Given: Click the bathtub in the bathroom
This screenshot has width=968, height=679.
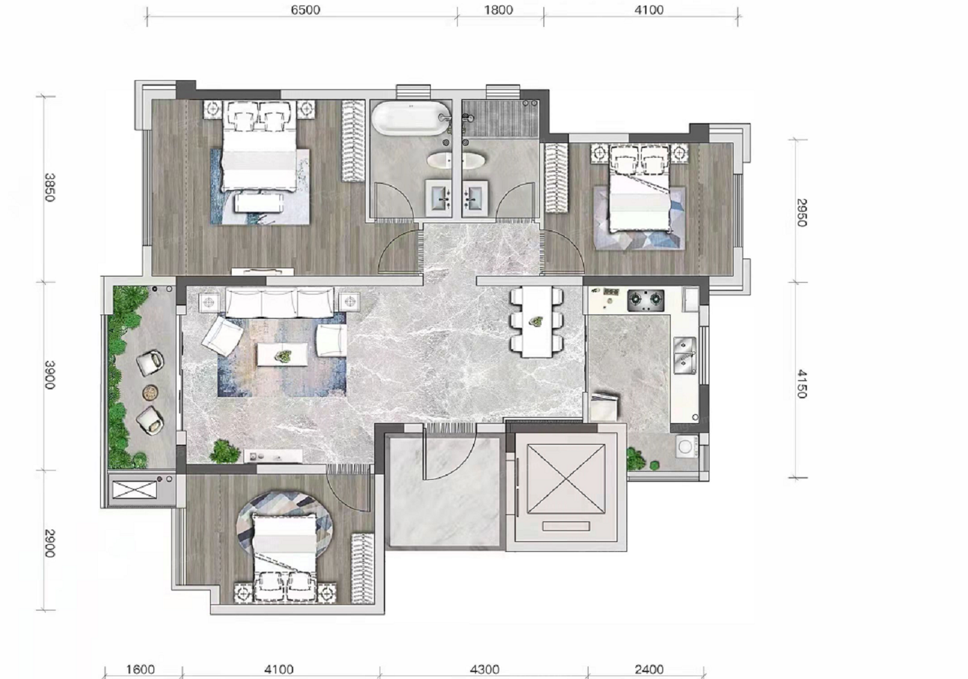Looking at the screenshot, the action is [x=411, y=117].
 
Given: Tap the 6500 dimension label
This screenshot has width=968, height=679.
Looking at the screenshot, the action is [x=305, y=10].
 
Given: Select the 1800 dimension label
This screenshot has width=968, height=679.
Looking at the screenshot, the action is [x=499, y=10].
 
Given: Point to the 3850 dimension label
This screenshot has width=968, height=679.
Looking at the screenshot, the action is [x=50, y=187].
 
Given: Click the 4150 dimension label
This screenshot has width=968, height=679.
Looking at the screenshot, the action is [x=801, y=384].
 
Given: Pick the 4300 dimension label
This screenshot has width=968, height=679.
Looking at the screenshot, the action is [x=485, y=669].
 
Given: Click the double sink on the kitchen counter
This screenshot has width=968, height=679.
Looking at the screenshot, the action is [x=685, y=355].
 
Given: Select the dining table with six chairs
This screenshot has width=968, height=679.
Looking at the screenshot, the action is [x=537, y=322].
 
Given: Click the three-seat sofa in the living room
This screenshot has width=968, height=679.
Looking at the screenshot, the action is [x=279, y=303].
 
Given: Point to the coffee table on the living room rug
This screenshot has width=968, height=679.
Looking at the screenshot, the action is [x=283, y=355].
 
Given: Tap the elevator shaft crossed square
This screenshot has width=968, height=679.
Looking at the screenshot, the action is [x=566, y=479].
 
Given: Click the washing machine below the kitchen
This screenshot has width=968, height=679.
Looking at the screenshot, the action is [x=686, y=447].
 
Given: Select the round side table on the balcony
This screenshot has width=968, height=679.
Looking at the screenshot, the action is [x=150, y=393].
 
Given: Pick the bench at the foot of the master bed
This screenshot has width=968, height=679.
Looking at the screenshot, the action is [x=259, y=203].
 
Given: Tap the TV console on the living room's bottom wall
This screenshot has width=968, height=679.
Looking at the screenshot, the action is [x=272, y=456].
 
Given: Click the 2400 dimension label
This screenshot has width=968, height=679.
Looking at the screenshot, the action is [x=649, y=669].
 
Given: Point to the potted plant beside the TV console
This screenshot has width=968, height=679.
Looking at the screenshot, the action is [x=225, y=452].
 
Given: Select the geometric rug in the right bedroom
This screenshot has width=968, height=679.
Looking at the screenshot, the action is [x=639, y=218].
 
